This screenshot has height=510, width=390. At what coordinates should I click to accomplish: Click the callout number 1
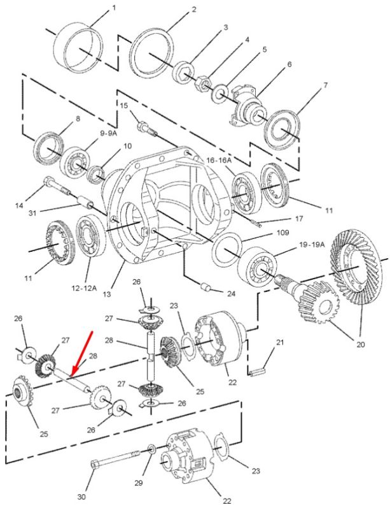[113, 7]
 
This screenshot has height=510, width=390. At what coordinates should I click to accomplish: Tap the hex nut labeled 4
[202, 83]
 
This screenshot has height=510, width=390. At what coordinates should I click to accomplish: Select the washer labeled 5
[220, 92]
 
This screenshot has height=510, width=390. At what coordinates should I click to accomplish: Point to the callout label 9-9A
[108, 133]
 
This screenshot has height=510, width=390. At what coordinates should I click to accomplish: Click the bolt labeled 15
[147, 127]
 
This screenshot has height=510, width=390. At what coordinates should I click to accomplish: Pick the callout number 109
[282, 233]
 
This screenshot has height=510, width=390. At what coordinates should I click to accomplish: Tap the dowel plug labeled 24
[206, 288]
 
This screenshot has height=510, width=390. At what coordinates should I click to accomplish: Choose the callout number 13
[106, 295]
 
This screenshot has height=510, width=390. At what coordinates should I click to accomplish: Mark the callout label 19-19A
[312, 245]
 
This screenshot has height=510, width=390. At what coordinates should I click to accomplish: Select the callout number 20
[361, 344]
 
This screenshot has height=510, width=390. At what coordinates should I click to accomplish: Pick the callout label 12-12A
[84, 288]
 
